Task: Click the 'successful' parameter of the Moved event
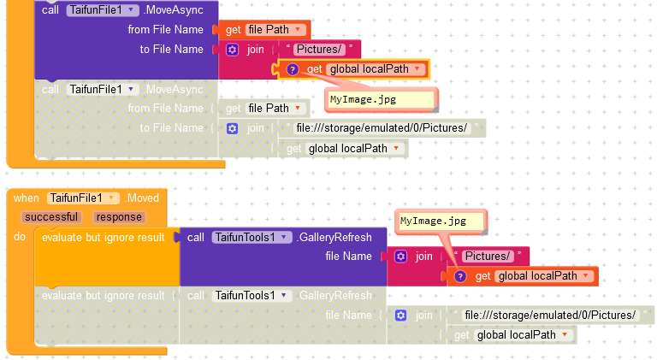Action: pos(50,217)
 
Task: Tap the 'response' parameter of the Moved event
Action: pos(119,217)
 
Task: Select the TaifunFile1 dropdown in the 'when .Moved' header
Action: pos(83,198)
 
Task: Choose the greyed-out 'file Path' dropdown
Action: pos(275,109)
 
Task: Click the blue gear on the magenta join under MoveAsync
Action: pos(232,50)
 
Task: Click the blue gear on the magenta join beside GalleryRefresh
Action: pos(400,257)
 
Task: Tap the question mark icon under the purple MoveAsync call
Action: pos(292,69)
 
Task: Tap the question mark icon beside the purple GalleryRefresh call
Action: pos(459,276)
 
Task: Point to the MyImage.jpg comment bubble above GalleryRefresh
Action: pos(441,221)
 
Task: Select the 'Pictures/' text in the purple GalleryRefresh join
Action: pos(487,257)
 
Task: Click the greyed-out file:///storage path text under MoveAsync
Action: pos(381,128)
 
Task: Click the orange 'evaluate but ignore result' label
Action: pos(103,237)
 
